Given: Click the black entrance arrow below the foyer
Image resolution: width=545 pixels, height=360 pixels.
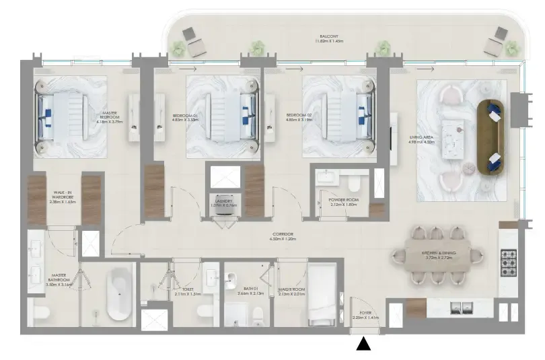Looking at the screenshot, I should point(364,344).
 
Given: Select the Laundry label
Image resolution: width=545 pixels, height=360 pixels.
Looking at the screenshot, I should point(224,203).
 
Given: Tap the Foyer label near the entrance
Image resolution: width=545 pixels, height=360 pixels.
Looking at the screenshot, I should point(366,314).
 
